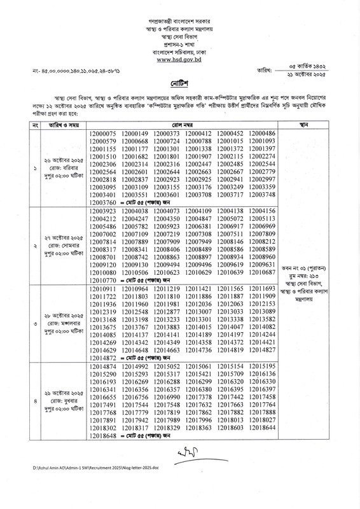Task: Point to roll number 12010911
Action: click(103, 289)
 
